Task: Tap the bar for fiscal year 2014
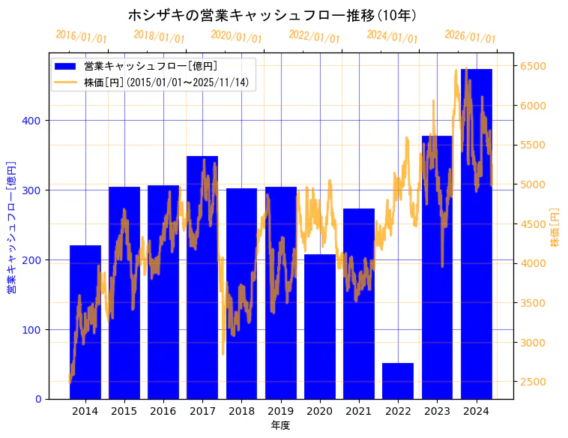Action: coord(85,322)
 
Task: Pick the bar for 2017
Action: coord(202,277)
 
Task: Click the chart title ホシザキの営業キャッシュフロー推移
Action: coord(271,15)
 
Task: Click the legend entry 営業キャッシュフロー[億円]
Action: coord(151,67)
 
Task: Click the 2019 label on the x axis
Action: coord(280,411)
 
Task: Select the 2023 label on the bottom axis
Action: coord(437,411)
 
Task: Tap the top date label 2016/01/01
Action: coord(81,37)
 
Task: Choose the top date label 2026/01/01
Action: coord(470,37)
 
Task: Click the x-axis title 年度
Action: coord(280,425)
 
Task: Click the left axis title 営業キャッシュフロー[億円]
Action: coord(11,226)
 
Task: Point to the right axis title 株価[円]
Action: coord(555,227)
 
